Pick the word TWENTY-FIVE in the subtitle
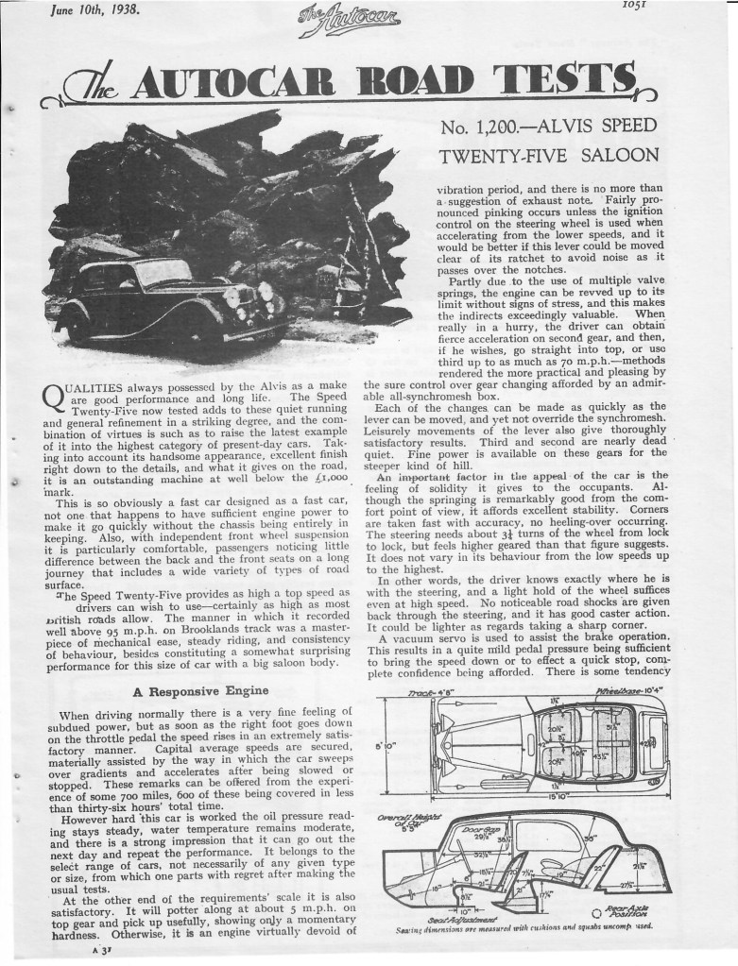(x=501, y=156)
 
